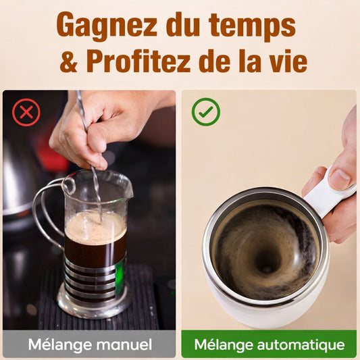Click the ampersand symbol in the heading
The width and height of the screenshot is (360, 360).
69,62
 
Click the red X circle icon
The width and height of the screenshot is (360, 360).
26,112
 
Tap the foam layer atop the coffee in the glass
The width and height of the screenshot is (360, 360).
95,226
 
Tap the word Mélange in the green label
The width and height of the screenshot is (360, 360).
222,344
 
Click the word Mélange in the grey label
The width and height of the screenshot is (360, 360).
51,344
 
